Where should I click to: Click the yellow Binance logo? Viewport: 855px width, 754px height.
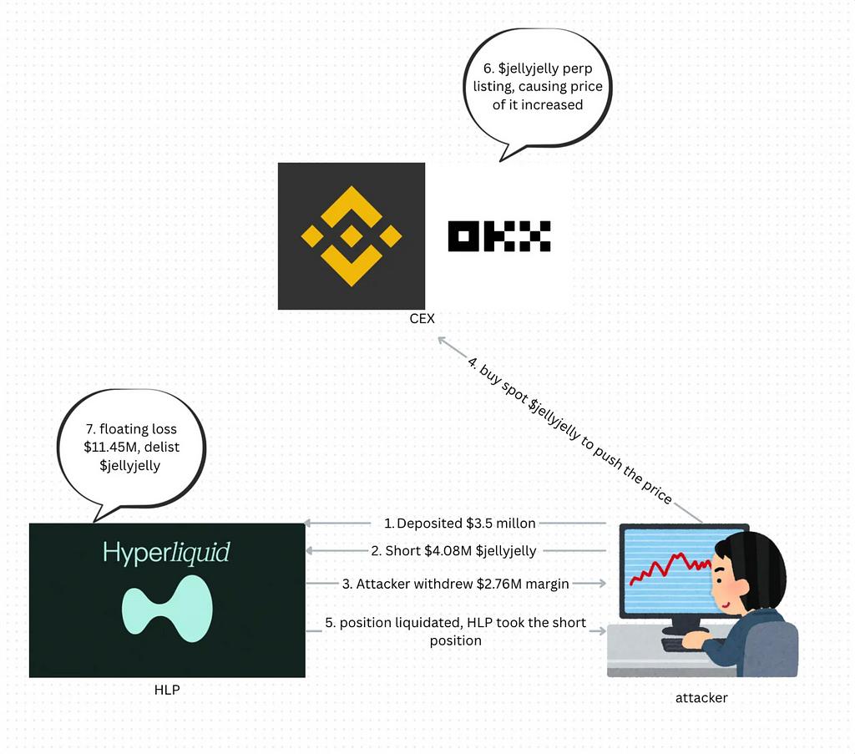click(x=352, y=236)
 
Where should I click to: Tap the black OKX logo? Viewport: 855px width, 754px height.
click(x=499, y=236)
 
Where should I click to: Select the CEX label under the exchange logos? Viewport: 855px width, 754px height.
click(x=422, y=318)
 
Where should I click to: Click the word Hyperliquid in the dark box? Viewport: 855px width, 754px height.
click(x=166, y=552)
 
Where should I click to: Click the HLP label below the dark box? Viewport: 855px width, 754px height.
click(x=167, y=690)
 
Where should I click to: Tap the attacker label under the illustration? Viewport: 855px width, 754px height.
click(x=701, y=698)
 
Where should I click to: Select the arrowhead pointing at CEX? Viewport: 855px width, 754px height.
click(x=443, y=342)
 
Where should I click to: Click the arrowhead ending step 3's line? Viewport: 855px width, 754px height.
click(x=601, y=584)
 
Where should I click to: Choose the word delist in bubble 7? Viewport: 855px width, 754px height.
click(x=162, y=447)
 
